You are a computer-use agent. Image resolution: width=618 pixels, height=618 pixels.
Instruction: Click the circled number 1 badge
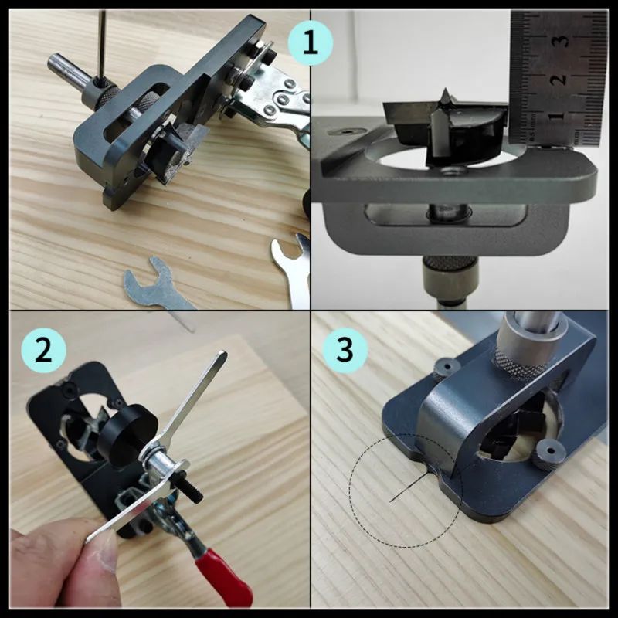pos(310,42)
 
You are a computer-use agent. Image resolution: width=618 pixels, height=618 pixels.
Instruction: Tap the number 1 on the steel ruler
pos(559,116)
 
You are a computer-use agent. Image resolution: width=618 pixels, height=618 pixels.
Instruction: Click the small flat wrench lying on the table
pos(154,282)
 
